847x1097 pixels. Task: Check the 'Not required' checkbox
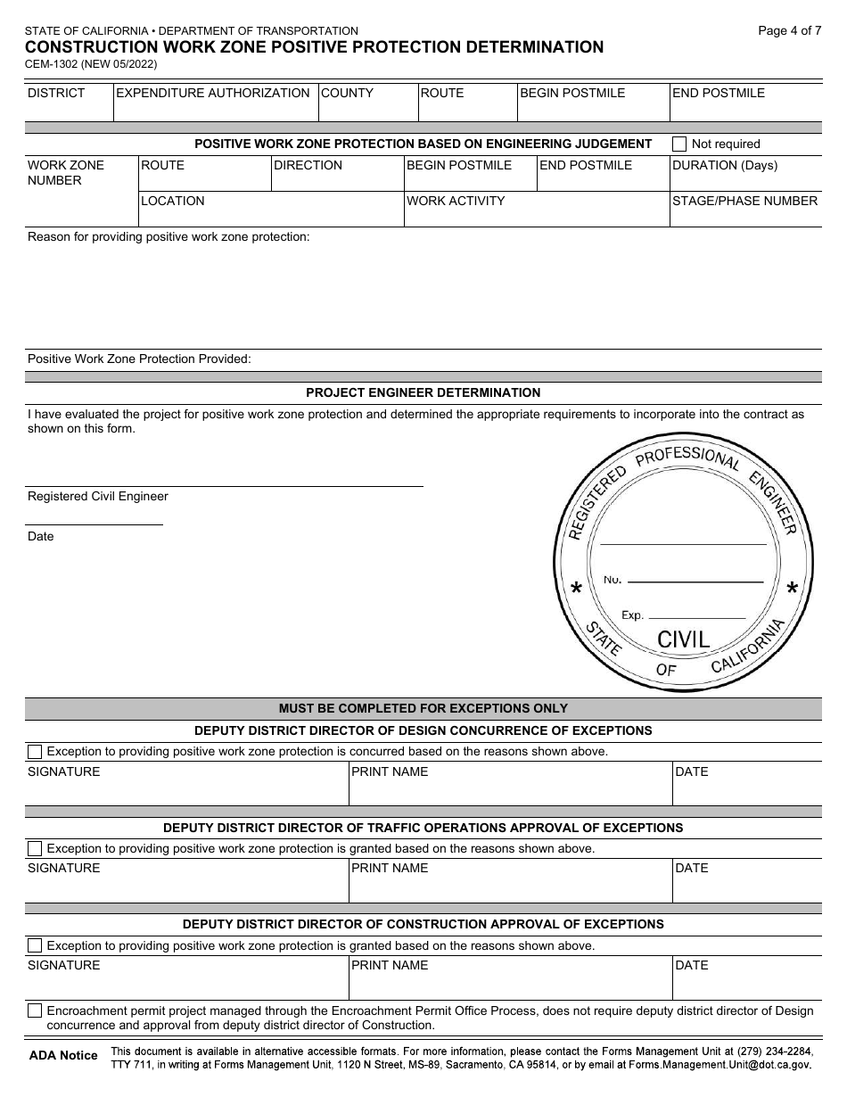[679, 144]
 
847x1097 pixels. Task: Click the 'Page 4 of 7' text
[789, 30]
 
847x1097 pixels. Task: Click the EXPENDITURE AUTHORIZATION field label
[213, 93]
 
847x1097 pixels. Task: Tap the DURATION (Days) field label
[724, 165]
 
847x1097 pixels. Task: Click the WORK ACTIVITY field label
[456, 201]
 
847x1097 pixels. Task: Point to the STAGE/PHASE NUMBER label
[744, 201]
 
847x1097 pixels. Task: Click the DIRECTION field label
[308, 165]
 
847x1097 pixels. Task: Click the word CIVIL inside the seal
[683, 639]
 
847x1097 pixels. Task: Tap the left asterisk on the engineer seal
[576, 590]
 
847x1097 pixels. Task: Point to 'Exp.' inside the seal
[632, 615]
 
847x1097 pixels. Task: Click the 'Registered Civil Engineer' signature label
[98, 496]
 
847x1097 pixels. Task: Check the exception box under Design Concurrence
[35, 751]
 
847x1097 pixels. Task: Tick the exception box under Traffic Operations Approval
[35, 848]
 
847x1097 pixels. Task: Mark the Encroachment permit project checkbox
[35, 1010]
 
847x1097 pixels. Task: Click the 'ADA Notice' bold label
[63, 1055]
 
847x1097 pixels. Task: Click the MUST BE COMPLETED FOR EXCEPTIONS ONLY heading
[423, 708]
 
